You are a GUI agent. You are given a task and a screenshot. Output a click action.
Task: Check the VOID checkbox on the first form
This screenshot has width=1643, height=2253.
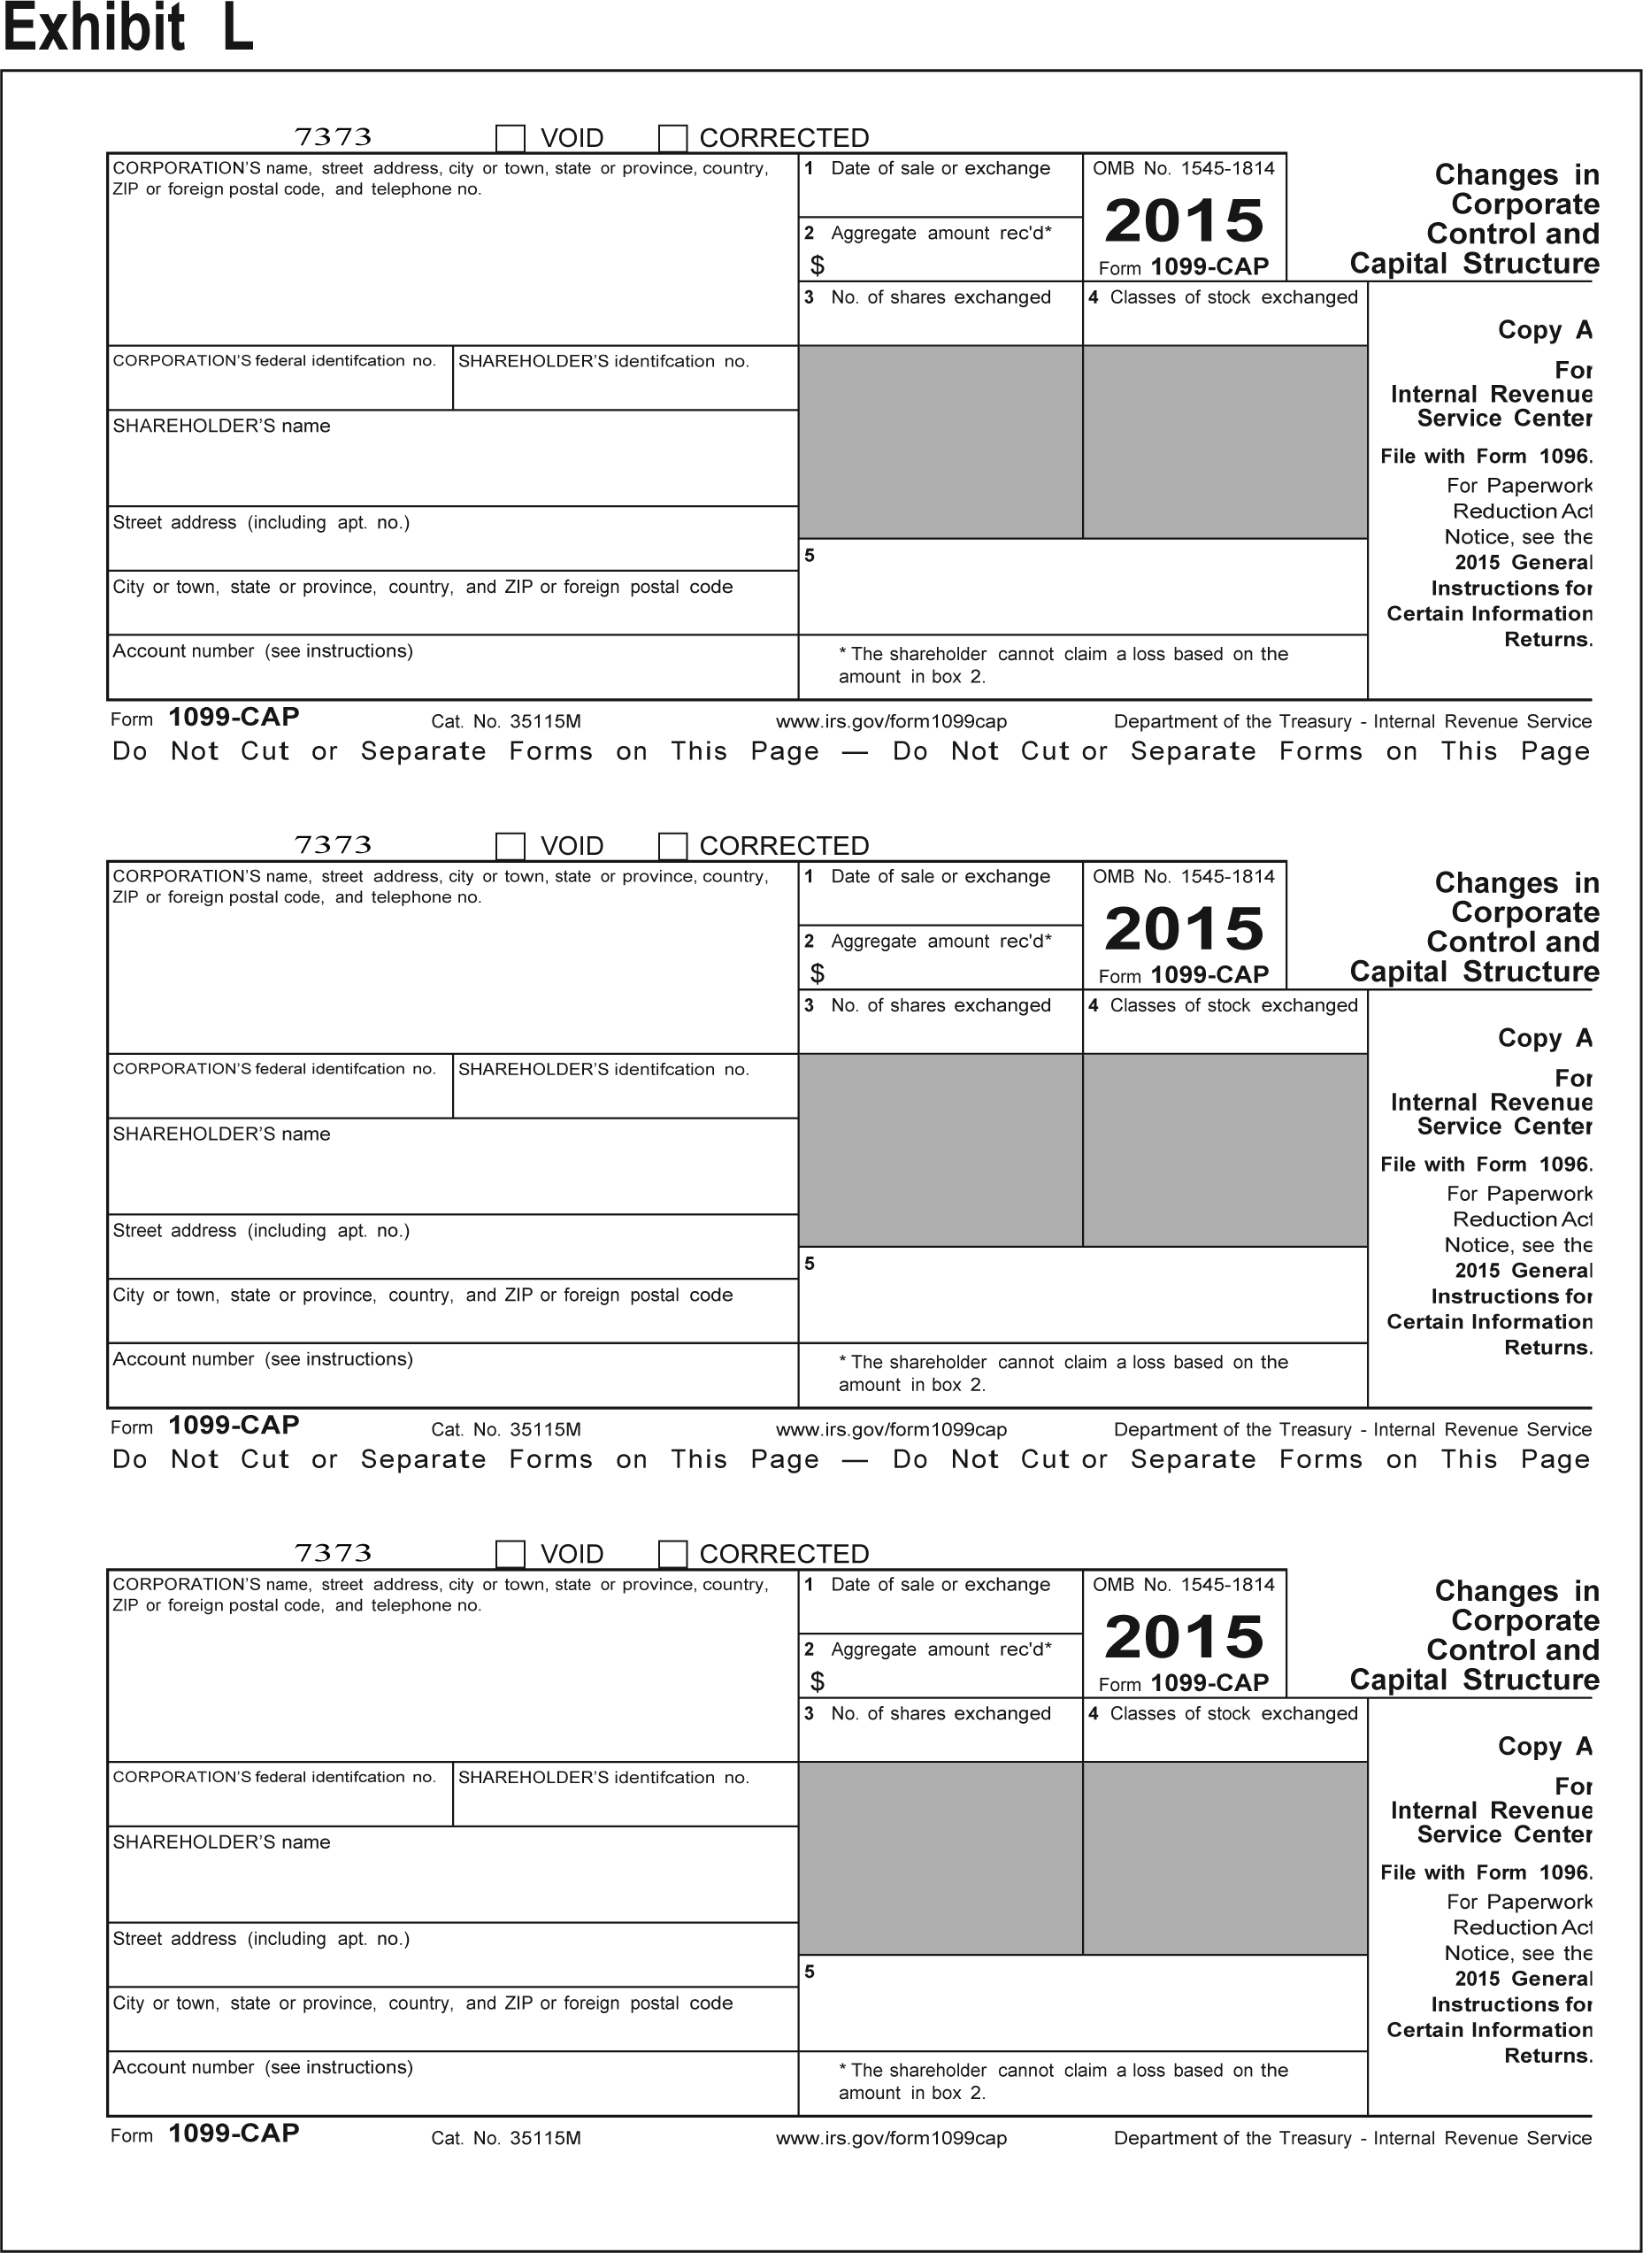(511, 137)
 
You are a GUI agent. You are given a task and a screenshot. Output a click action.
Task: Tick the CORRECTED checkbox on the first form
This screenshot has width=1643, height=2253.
(673, 137)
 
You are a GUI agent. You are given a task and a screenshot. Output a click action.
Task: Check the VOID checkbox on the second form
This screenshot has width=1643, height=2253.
(511, 845)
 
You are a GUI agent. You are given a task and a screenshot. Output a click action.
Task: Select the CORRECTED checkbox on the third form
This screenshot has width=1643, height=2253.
(673, 1554)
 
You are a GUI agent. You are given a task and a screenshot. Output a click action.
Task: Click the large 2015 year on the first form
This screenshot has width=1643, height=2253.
(1184, 221)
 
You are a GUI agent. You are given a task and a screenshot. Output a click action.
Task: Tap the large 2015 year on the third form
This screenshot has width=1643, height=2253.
(1184, 1637)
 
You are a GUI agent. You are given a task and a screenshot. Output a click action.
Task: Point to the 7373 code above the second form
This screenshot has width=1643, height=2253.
(334, 845)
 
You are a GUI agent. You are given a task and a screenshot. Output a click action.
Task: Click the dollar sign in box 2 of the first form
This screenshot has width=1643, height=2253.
(818, 265)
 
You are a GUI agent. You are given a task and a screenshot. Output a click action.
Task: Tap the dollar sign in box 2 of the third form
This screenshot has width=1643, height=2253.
(818, 1681)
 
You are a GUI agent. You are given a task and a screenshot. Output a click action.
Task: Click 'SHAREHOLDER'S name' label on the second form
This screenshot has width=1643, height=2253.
(222, 1134)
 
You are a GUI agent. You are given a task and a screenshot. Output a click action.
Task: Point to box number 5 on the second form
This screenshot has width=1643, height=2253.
(810, 1264)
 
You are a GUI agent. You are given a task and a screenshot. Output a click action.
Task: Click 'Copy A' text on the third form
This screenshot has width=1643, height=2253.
(1545, 1746)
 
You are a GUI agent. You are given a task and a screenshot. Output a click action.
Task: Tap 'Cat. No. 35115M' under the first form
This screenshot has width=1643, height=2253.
(506, 721)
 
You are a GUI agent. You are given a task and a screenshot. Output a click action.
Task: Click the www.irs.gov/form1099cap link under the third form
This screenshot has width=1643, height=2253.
(891, 2138)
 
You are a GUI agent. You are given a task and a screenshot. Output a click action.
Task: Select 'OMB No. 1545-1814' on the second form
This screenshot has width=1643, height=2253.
(1184, 876)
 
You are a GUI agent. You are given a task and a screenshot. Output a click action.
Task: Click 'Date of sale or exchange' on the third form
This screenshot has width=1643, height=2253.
(940, 1585)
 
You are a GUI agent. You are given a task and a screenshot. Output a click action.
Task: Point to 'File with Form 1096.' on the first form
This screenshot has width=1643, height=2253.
(1486, 457)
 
